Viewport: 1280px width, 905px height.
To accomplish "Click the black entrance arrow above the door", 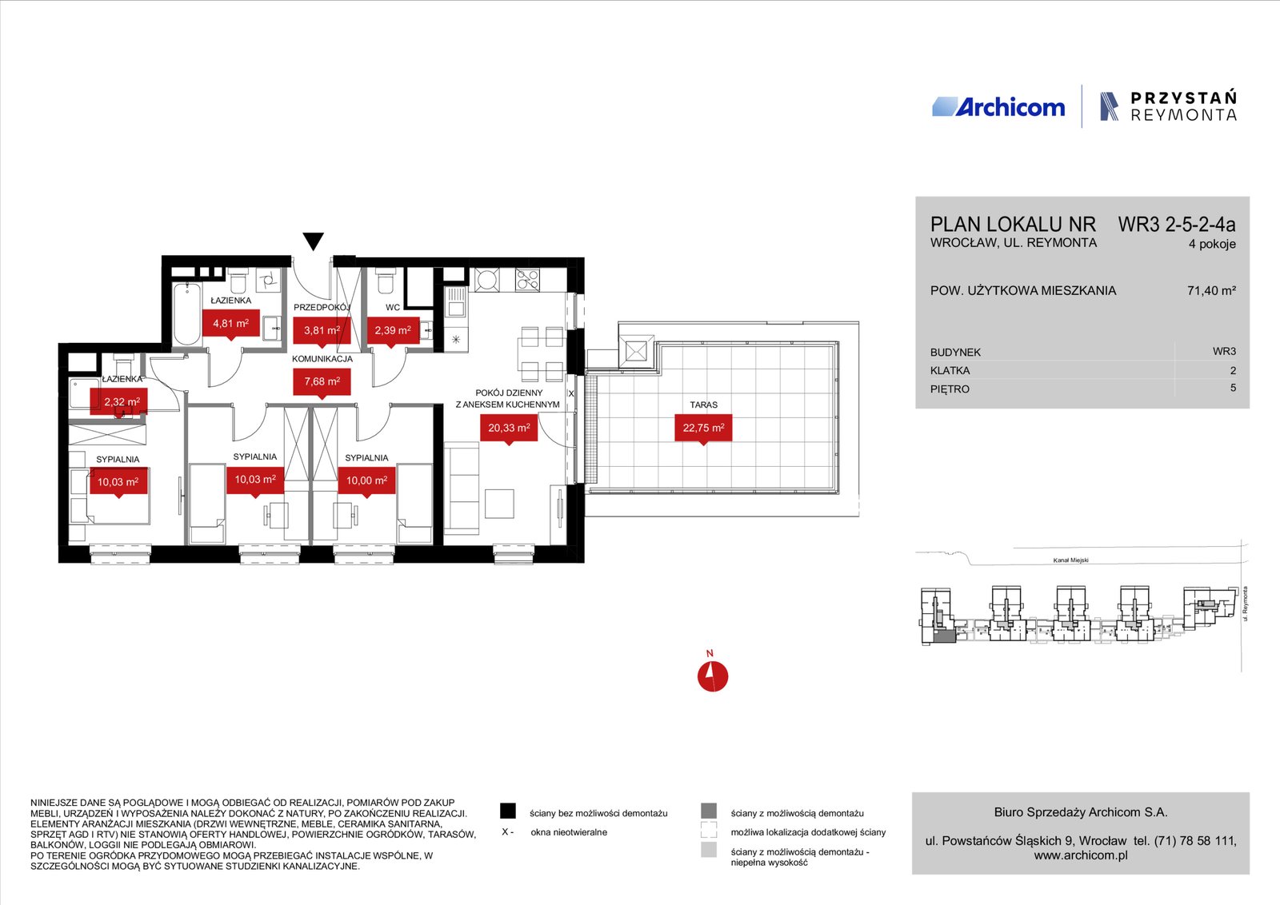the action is [313, 241].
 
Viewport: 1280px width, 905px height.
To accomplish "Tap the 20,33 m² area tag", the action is [509, 429].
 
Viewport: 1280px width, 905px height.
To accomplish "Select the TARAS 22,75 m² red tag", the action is [703, 429].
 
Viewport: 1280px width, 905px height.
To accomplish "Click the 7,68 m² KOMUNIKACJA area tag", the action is [322, 382].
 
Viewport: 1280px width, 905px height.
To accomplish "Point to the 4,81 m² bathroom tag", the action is [231, 325].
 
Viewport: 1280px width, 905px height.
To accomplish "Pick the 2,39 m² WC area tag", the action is [393, 331].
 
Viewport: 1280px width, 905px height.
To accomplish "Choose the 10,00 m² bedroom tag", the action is [367, 481].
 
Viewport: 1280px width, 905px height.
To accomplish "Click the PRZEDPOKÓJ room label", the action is [322, 307].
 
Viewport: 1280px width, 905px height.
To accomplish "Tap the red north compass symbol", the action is [713, 676].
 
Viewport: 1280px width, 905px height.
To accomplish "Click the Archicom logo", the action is [998, 107].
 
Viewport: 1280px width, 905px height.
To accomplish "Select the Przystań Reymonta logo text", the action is [1183, 106].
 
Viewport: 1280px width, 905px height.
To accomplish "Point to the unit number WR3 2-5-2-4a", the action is [1177, 225].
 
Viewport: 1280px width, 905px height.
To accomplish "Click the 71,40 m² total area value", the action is [1211, 291].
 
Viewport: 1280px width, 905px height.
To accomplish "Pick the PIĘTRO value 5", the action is [1233, 388].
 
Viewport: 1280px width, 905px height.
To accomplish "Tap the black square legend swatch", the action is [507, 811].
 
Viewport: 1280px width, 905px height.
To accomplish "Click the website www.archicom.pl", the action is [1081, 855].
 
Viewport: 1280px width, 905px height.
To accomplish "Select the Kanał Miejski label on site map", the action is [1071, 560].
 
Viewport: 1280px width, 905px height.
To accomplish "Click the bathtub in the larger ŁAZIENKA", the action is [187, 313].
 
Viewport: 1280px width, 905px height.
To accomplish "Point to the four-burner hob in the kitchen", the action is [527, 280].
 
